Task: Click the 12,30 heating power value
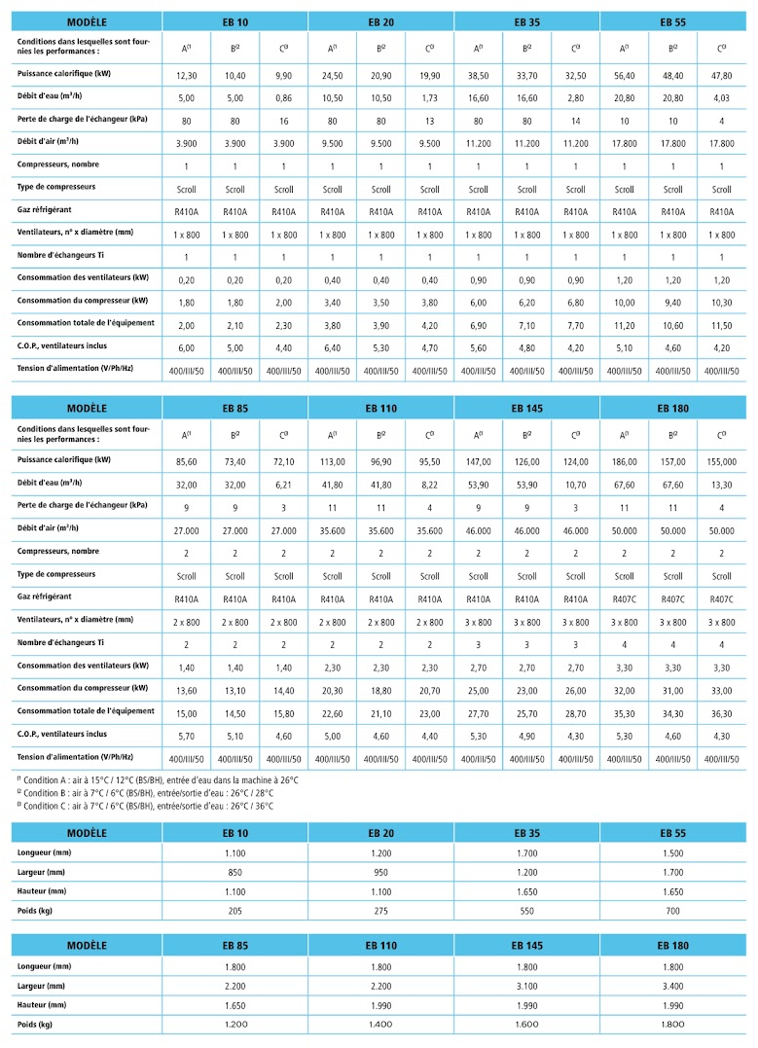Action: (x=186, y=76)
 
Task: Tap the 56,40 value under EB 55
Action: (x=624, y=76)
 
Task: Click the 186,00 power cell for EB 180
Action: (x=624, y=462)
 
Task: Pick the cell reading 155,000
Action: (x=721, y=462)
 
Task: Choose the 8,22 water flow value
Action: (x=429, y=486)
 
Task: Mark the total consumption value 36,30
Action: (x=721, y=713)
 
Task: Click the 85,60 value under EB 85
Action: (x=186, y=462)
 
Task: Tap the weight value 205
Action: (x=235, y=911)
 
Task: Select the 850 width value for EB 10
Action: (x=235, y=872)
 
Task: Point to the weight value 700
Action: (x=672, y=911)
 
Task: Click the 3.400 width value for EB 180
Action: (x=672, y=986)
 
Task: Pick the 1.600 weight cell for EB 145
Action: (x=526, y=1025)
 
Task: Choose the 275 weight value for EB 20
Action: (x=380, y=911)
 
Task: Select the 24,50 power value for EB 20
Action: (x=332, y=76)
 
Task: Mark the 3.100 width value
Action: (x=526, y=986)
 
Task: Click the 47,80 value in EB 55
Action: (x=721, y=76)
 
